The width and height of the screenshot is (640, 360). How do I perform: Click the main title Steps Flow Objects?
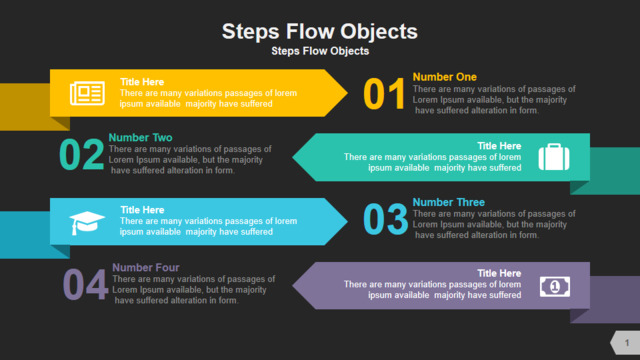pyautogui.click(x=320, y=32)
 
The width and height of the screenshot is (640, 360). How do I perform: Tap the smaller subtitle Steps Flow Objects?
pyautogui.click(x=320, y=51)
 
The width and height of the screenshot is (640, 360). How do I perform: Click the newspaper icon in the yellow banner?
pyautogui.click(x=87, y=93)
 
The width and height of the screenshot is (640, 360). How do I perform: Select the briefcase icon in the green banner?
pyautogui.click(x=554, y=157)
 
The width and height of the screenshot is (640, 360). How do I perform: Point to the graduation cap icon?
pyautogui.click(x=87, y=223)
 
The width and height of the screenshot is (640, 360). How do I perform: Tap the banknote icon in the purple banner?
pyautogui.click(x=555, y=287)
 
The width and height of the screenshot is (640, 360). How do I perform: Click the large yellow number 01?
pyautogui.click(x=384, y=94)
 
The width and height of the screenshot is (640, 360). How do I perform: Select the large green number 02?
pyautogui.click(x=82, y=154)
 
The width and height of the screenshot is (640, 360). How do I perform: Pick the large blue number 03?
pyautogui.click(x=385, y=220)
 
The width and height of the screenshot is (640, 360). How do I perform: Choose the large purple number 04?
pyautogui.click(x=85, y=284)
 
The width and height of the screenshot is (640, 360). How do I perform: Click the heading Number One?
pyautogui.click(x=444, y=77)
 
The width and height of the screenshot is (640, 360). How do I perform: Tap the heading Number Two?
pyautogui.click(x=140, y=138)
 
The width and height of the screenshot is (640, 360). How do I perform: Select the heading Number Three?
pyautogui.click(x=449, y=202)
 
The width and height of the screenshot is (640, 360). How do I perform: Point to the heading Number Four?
pyautogui.click(x=146, y=267)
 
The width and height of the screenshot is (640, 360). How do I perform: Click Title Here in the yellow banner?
pyautogui.click(x=142, y=82)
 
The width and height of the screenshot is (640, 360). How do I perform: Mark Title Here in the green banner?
pyautogui.click(x=499, y=146)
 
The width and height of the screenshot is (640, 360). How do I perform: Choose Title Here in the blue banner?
pyautogui.click(x=142, y=210)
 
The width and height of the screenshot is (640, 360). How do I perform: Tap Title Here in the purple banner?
pyautogui.click(x=499, y=273)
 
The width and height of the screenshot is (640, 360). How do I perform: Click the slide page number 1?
pyautogui.click(x=627, y=343)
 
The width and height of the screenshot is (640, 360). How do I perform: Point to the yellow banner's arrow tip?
pyautogui.click(x=347, y=93)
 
